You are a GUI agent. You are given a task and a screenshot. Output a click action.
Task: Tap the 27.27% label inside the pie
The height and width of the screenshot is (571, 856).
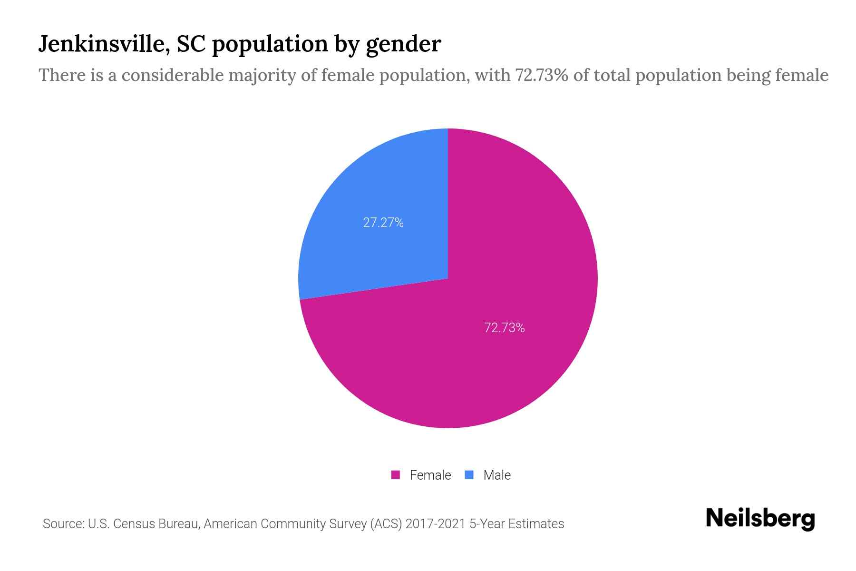click(x=383, y=223)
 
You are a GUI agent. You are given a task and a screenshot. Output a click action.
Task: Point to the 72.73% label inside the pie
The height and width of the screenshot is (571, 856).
click(x=505, y=328)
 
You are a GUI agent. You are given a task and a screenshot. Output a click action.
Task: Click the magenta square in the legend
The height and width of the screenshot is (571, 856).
click(x=396, y=475)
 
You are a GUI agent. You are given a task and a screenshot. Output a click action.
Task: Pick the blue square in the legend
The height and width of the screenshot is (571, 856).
click(x=469, y=475)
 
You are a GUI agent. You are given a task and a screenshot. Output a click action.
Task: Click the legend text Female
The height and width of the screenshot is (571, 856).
click(x=430, y=475)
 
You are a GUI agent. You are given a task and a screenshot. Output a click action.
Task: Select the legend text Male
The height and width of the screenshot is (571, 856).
click(x=497, y=475)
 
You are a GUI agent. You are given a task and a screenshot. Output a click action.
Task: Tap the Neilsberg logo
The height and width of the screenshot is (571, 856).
click(x=760, y=519)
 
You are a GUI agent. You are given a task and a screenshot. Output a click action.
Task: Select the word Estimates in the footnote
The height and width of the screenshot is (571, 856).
click(x=536, y=524)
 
